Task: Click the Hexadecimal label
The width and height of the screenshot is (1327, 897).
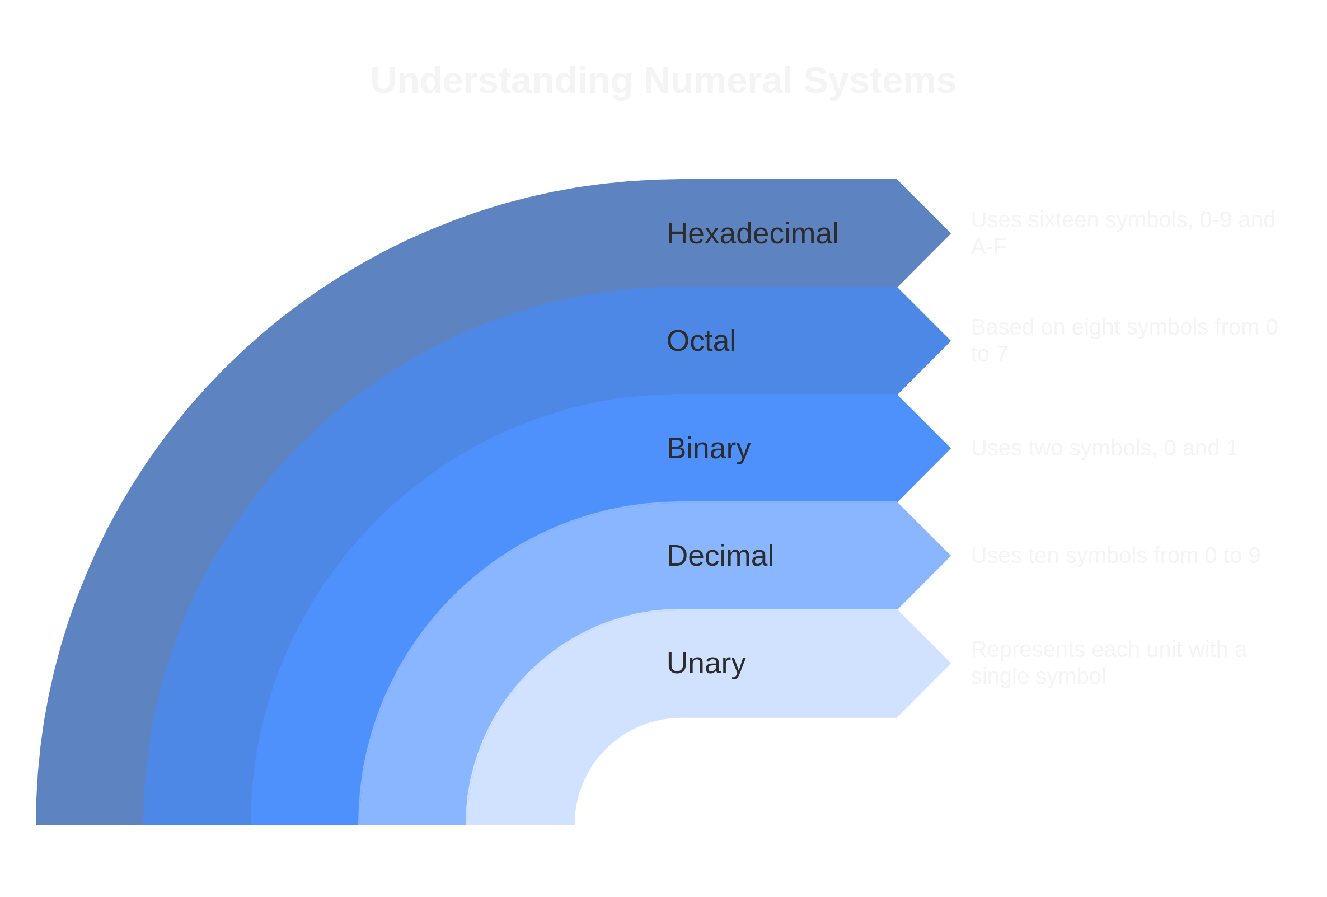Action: click(x=752, y=233)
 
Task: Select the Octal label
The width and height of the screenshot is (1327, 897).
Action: click(x=701, y=341)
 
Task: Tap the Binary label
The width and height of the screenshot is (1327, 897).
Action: click(x=708, y=448)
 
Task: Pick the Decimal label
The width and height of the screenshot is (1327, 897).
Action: click(x=719, y=556)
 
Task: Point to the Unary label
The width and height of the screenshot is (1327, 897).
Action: click(x=706, y=663)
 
